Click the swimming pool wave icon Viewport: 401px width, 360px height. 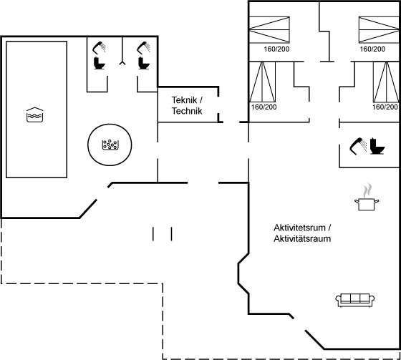pos(35,115)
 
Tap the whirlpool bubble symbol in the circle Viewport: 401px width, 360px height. pos(110,145)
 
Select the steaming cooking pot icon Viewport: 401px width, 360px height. pos(367,197)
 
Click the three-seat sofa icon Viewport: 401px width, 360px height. pos(355,300)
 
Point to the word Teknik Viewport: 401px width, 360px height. pos(184,100)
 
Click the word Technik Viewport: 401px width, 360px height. pos(187,111)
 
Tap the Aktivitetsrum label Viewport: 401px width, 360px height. pos(300,228)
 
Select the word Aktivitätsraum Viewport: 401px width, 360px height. pos(302,238)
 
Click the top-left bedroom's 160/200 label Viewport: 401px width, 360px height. pos(276,49)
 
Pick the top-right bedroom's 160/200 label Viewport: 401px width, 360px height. pos(372,49)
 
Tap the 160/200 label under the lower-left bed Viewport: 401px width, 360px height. pos(264,107)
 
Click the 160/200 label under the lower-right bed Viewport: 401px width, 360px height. pos(385,107)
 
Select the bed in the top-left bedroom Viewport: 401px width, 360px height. pos(269,29)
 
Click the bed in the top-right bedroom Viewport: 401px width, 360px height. pos(379,29)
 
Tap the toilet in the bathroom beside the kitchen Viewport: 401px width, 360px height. pos(377,146)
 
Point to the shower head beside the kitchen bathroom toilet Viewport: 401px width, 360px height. pos(358,146)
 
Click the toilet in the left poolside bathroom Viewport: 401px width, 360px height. pos(100,63)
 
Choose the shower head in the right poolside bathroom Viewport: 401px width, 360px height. pos(144,48)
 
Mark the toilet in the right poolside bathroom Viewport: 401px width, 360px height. pos(144,63)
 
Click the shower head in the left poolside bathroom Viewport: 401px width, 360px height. pos(99,48)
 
